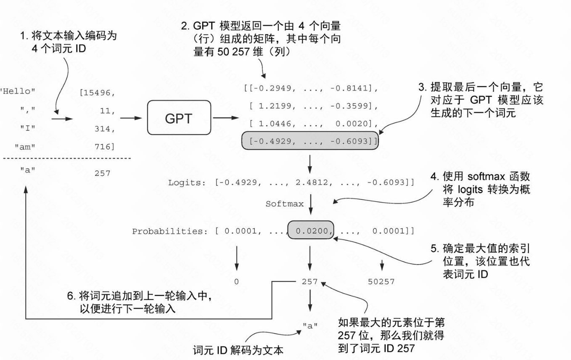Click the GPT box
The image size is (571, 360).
click(x=178, y=118)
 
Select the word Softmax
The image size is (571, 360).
click(x=284, y=204)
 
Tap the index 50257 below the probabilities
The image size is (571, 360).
click(x=381, y=281)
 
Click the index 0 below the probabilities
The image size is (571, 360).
click(x=236, y=281)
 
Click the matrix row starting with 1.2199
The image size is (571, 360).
click(x=313, y=106)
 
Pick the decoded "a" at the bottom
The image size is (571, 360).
click(x=310, y=326)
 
